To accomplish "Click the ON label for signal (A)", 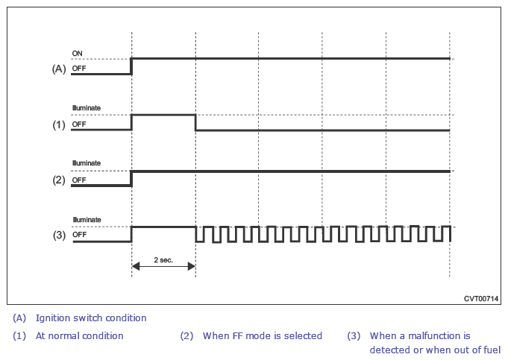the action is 77,54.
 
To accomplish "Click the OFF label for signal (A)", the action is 79,69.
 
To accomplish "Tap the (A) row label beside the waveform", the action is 59,69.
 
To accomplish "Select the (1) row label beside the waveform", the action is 59,124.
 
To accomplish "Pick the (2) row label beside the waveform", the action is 59,180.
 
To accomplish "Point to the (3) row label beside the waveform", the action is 59,235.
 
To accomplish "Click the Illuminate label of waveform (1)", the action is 87,108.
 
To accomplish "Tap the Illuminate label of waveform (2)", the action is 87,163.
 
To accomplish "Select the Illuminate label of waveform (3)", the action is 87,220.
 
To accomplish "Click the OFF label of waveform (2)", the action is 79,180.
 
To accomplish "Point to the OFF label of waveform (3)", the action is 79,234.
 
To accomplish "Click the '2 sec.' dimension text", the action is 163,260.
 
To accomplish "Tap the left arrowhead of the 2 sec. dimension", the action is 136,266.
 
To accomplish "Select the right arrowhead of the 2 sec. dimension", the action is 192,266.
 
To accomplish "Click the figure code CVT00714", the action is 481,298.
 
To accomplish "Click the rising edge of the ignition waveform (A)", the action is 131,66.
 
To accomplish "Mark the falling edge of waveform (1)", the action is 195,122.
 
